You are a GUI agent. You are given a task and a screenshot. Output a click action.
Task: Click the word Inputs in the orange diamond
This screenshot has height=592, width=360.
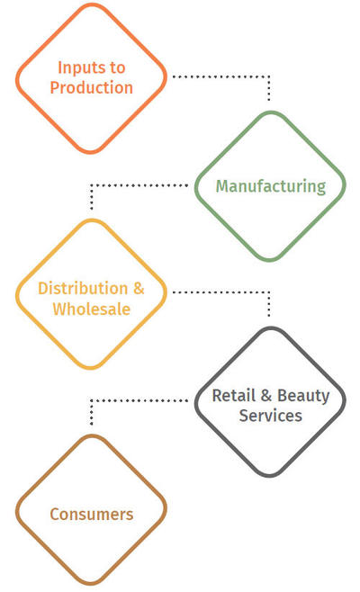82,68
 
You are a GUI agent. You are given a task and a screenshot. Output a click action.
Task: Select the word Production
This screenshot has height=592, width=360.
92,87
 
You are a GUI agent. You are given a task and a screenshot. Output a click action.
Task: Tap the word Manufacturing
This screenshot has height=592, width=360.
271,186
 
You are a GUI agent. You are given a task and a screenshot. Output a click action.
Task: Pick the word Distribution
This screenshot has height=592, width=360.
83,289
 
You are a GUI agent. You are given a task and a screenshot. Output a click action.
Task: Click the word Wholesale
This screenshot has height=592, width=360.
92,309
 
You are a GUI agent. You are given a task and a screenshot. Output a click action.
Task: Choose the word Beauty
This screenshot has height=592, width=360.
303,397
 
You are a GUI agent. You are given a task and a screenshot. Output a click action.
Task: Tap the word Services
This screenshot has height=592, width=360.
271,416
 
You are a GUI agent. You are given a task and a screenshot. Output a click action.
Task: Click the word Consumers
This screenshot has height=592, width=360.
92,515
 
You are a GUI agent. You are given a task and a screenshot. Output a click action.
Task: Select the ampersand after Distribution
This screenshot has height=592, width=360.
139,289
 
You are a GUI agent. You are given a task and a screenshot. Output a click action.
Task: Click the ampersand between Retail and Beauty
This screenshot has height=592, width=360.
266,396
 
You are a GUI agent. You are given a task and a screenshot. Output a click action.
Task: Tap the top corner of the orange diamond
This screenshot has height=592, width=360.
92,4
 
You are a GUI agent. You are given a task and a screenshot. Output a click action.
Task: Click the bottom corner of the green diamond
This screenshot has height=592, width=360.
270,260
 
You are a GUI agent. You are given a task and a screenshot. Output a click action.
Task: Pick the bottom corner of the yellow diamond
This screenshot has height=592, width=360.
91,368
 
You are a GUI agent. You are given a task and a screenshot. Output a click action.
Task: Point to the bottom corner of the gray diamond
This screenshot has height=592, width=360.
270,475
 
